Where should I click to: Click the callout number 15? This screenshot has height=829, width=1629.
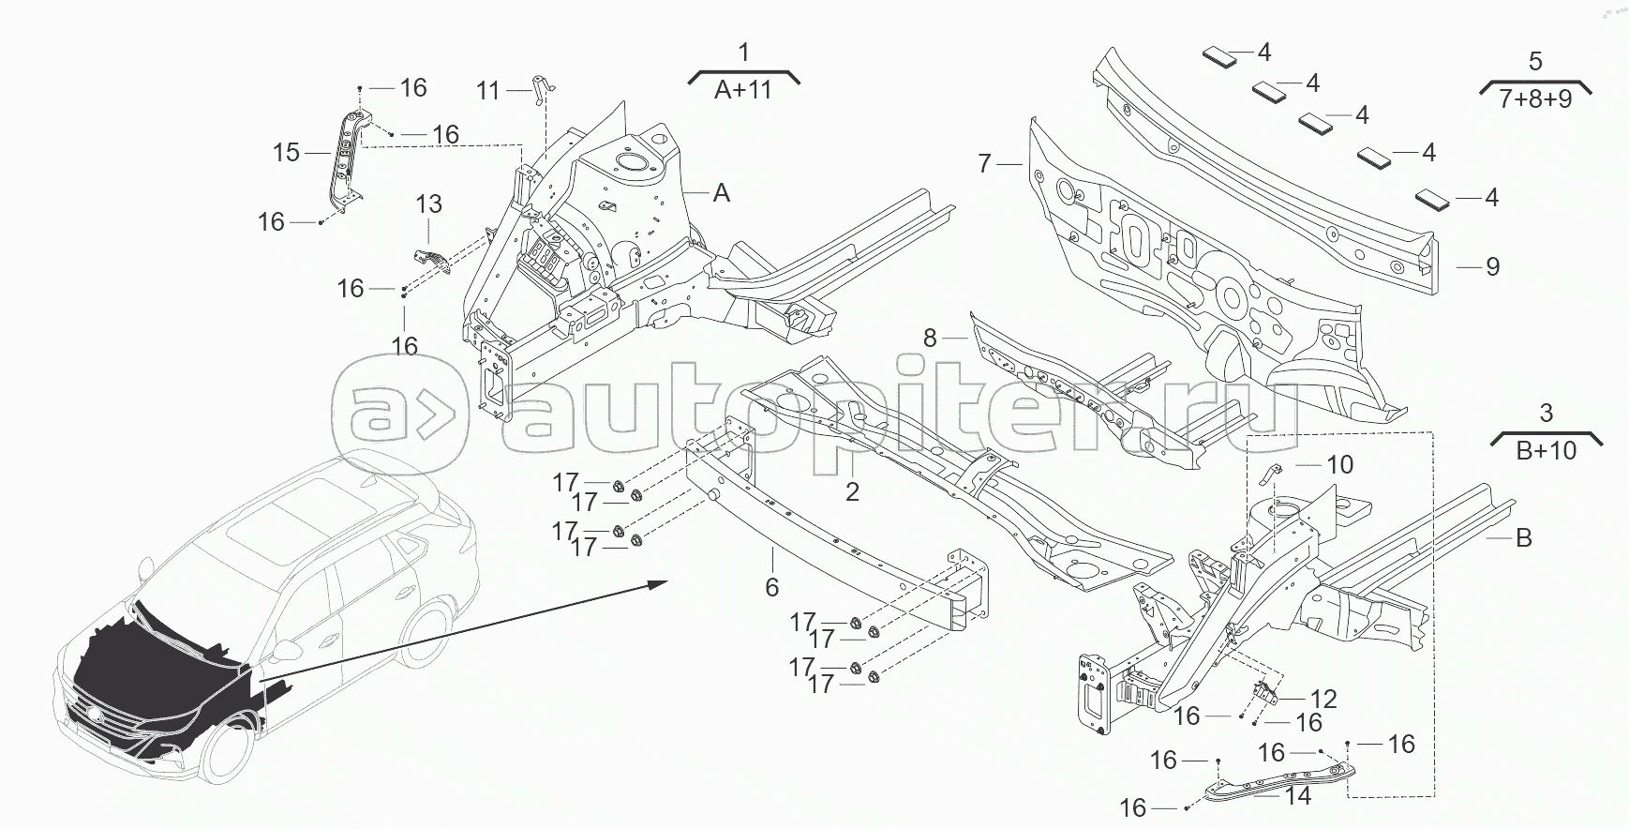coord(286,151)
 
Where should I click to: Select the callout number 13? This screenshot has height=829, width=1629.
coord(428,204)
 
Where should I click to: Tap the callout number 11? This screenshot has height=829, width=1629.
coord(488,91)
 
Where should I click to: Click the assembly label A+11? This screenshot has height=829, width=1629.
coord(743,90)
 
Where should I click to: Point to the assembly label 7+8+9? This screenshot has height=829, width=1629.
coord(1534,99)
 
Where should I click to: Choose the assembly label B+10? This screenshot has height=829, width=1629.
coord(1546,450)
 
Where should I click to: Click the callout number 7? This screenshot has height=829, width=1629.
coord(984,164)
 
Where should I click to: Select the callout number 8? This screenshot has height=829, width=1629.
coord(930,338)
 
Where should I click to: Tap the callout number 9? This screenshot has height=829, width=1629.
coord(1493,267)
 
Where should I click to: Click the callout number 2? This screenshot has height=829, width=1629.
coord(852,491)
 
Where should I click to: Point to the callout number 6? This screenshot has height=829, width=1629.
coord(771,587)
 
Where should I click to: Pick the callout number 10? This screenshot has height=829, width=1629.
coord(1340,465)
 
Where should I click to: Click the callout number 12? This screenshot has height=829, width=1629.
coord(1323,699)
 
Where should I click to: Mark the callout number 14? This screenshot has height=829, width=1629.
coord(1297,797)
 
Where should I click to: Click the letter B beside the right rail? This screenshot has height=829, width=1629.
coord(1524,538)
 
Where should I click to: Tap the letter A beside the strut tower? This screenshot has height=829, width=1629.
coord(721,193)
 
